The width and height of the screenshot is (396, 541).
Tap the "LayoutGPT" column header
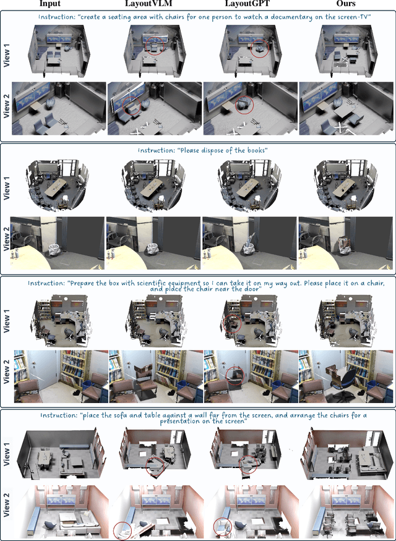coord(247,4)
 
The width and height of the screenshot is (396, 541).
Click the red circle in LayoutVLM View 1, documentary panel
coord(155,46)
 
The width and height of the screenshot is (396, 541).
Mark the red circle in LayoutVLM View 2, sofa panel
coord(123,530)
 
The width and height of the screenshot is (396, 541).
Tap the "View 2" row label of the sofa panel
coord(5,511)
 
